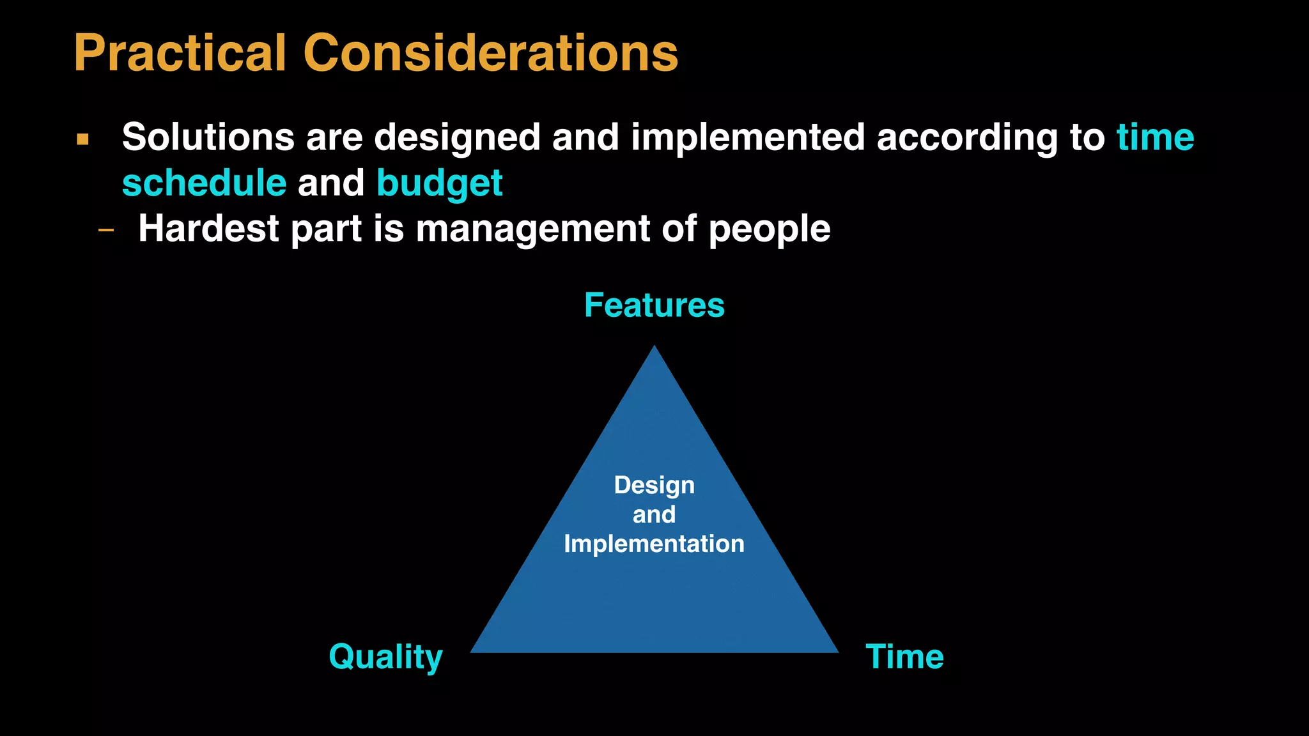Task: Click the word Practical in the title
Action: (180, 54)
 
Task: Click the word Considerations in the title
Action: (490, 54)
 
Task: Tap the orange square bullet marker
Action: (82, 139)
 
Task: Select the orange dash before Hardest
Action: (106, 230)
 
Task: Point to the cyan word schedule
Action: (204, 183)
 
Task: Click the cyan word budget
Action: (440, 183)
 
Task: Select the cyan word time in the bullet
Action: (1155, 137)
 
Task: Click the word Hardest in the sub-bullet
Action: (208, 229)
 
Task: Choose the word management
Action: (532, 229)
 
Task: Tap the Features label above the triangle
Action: (654, 305)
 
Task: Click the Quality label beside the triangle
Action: (385, 657)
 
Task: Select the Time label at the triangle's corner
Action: (904, 657)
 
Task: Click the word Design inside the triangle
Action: (654, 486)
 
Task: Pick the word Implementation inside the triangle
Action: (654, 544)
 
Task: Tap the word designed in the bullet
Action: (457, 137)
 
